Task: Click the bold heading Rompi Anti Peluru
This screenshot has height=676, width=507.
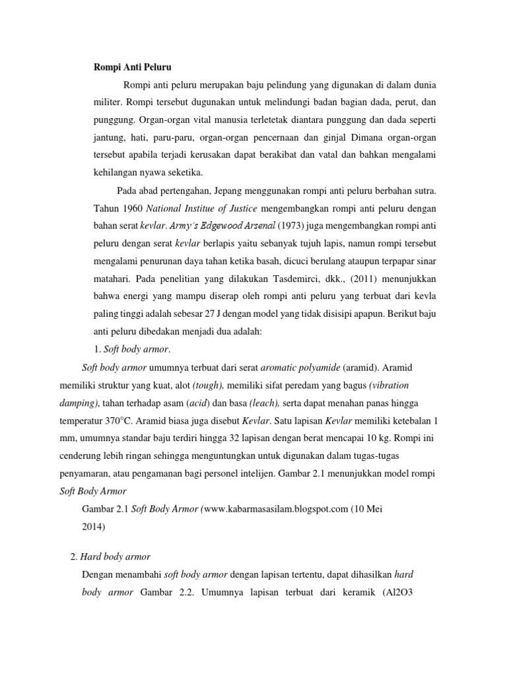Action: tap(129, 67)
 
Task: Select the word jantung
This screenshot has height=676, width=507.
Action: tap(108, 138)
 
